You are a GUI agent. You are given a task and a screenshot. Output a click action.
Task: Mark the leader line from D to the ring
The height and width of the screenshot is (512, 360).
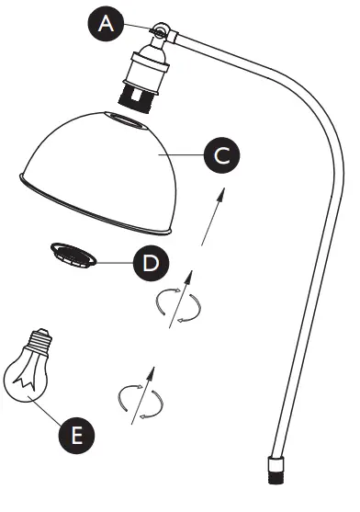point(118,262)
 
